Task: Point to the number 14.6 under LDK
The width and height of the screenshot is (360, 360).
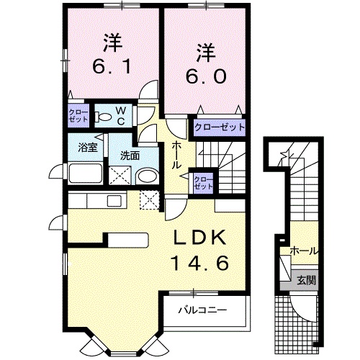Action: coord(199,264)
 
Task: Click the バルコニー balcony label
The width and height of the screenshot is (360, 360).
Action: coord(204,310)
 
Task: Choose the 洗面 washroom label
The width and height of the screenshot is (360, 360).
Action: coord(130,155)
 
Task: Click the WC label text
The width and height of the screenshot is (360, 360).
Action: coord(121,115)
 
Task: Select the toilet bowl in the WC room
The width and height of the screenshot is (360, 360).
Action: coord(104,116)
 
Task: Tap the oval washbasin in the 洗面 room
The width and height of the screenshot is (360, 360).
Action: coord(148,176)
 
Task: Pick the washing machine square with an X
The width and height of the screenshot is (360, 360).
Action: coord(120,175)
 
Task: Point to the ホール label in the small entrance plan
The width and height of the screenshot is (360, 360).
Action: coord(303,251)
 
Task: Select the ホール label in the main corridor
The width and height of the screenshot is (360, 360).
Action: coord(176,155)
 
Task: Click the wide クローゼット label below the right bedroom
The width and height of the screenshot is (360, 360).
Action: coord(219,127)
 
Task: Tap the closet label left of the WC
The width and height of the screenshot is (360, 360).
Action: coord(78,116)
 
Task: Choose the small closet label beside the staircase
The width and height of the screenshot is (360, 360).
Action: coord(204,181)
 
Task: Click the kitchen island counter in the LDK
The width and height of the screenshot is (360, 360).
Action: coord(127,240)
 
